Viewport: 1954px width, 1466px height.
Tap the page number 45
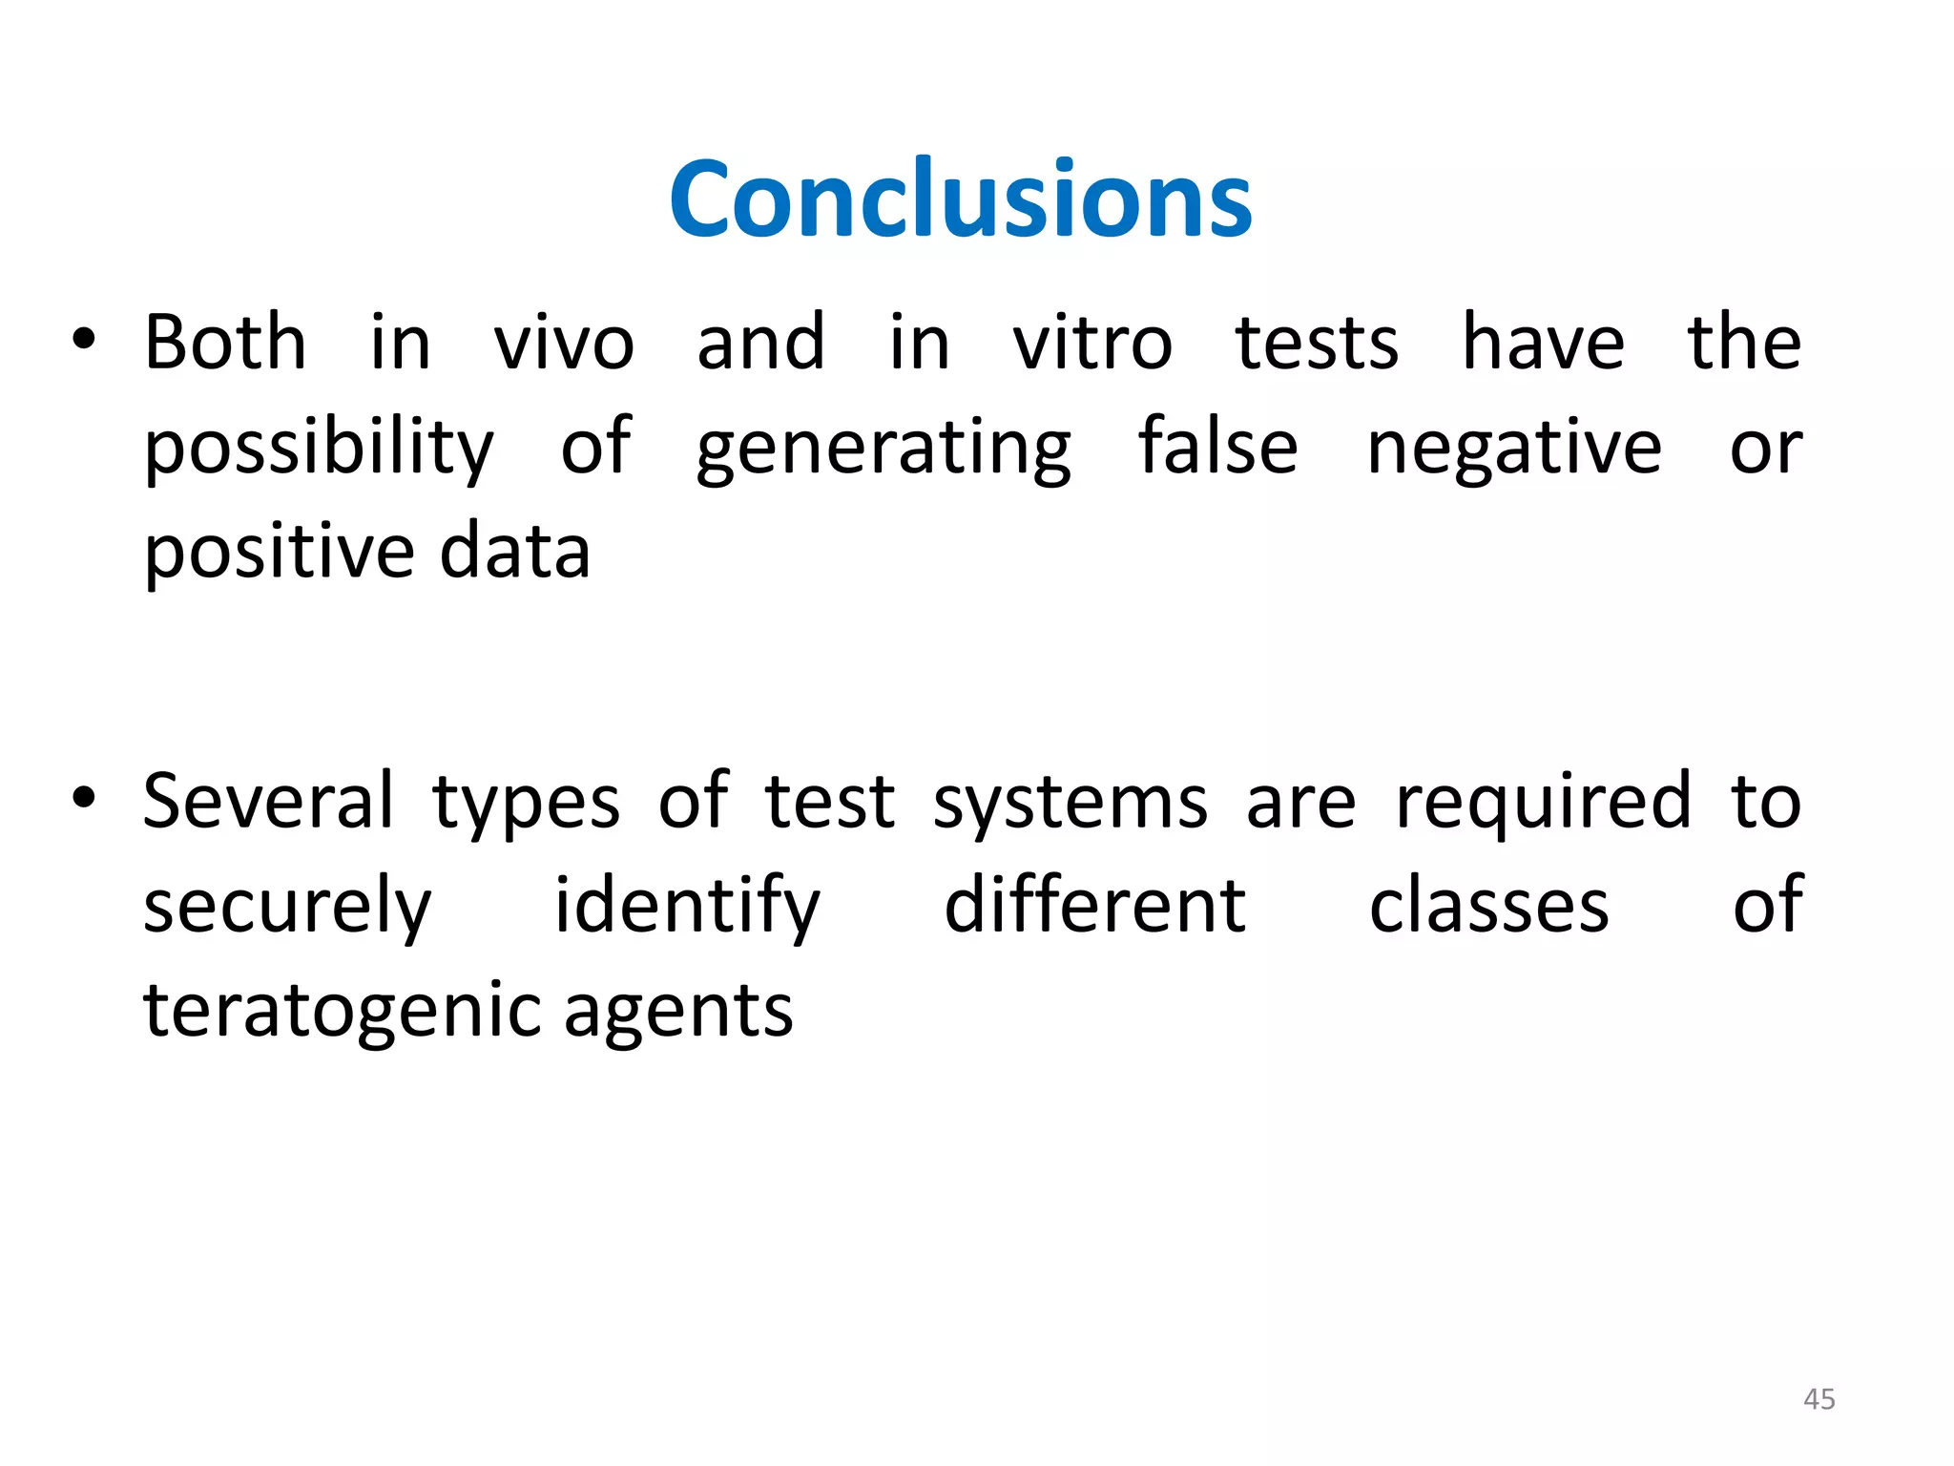(1819, 1399)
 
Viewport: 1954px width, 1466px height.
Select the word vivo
(564, 344)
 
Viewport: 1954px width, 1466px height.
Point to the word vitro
(1092, 344)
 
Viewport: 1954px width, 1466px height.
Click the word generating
(883, 449)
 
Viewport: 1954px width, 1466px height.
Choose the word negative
(1514, 449)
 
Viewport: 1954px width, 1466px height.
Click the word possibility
(319, 449)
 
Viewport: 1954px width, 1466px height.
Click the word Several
(268, 802)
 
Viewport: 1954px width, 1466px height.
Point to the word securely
(287, 907)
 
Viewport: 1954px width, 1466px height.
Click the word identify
(687, 907)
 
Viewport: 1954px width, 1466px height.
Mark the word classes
(1489, 907)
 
